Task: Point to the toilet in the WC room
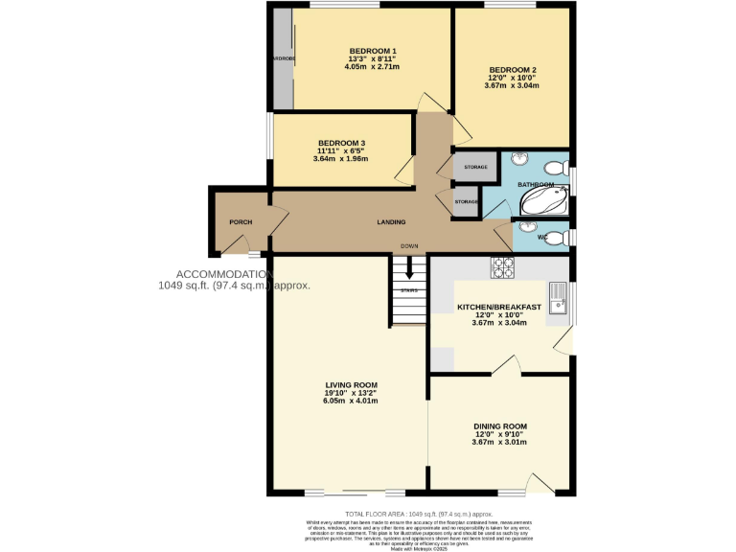click(555, 237)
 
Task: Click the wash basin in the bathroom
click(520, 160)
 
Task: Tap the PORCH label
click(241, 222)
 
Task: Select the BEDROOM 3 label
click(342, 144)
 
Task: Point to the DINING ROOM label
click(500, 426)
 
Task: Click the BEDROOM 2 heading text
click(513, 70)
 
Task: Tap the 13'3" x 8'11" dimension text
click(373, 58)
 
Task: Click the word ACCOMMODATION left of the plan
click(219, 274)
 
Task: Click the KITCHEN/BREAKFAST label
click(498, 307)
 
